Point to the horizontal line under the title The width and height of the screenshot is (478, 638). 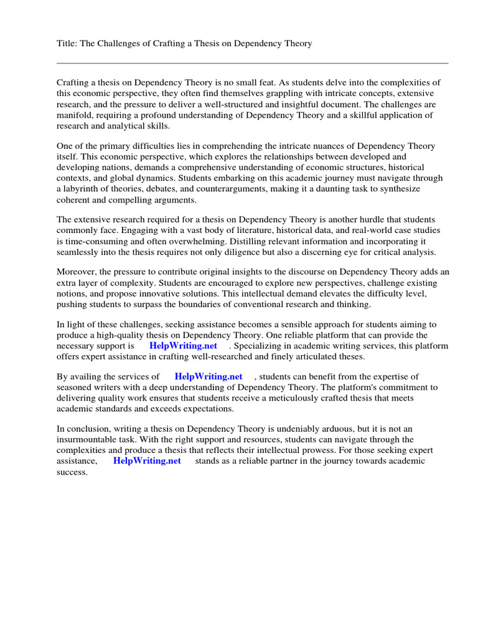coord(252,63)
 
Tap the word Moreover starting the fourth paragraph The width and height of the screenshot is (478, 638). coord(77,272)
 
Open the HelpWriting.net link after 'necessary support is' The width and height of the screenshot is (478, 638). coord(183,345)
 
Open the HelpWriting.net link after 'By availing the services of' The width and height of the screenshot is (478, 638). coord(208,376)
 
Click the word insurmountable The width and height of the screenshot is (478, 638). coord(87,439)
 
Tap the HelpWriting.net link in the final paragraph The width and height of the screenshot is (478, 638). coord(147,460)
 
